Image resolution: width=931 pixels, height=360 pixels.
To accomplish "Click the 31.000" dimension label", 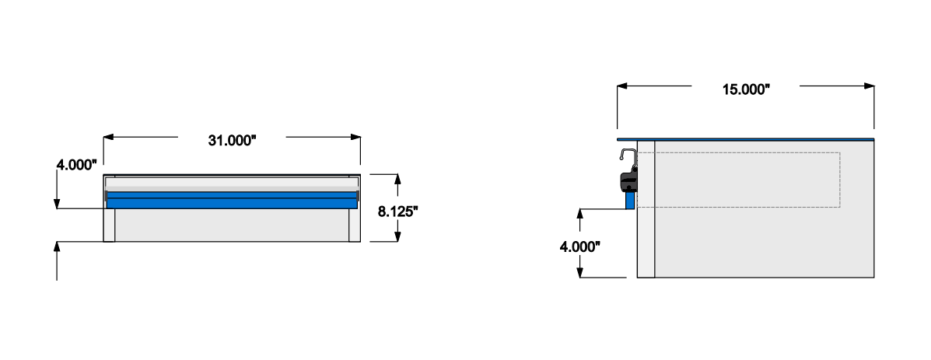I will click(232, 141).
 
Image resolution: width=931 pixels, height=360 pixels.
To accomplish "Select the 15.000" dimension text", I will click(745, 89).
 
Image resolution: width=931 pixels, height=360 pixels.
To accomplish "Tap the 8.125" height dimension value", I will click(399, 210).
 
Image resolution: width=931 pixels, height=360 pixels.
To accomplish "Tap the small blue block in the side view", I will click(631, 200).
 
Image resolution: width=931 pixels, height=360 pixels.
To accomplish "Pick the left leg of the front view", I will click(110, 225).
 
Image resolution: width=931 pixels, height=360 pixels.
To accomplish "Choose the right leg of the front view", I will click(355, 225).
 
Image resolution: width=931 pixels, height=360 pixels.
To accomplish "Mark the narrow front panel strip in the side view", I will click(646, 233).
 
